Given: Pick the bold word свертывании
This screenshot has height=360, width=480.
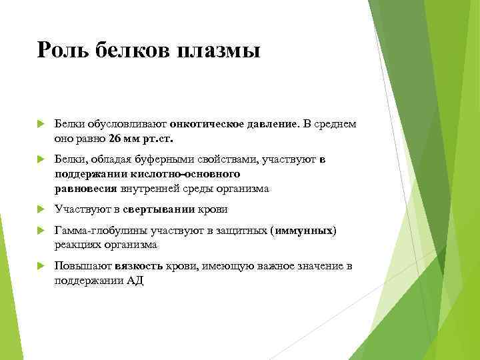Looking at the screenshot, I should [x=168, y=209].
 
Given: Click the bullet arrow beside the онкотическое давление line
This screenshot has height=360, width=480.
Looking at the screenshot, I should [x=41, y=124].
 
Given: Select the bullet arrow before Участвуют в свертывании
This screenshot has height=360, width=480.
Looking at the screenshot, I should [x=41, y=210].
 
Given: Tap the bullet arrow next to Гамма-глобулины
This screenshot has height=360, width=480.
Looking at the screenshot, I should [x=41, y=231].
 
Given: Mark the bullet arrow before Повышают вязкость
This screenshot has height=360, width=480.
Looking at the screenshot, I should [x=41, y=267].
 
